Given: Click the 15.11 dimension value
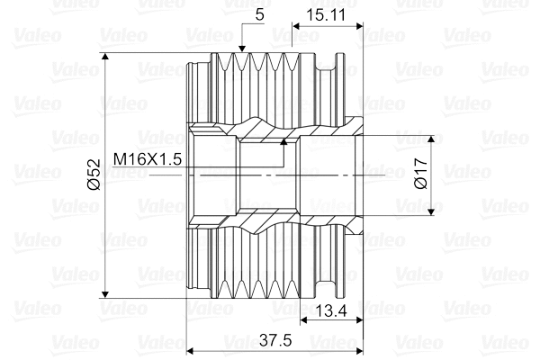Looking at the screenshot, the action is (325, 15).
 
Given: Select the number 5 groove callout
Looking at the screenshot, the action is (260, 14).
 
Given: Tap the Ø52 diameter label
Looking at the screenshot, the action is (94, 175).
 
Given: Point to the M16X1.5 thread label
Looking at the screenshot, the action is (148, 159).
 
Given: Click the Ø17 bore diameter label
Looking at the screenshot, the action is (421, 174).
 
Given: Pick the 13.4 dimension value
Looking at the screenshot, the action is (331, 310).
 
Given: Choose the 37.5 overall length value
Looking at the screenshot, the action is (275, 340).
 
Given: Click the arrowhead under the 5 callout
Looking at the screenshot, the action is (242, 49).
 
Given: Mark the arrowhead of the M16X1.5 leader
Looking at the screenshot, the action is (283, 141).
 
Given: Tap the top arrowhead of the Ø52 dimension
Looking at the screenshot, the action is (105, 57).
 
